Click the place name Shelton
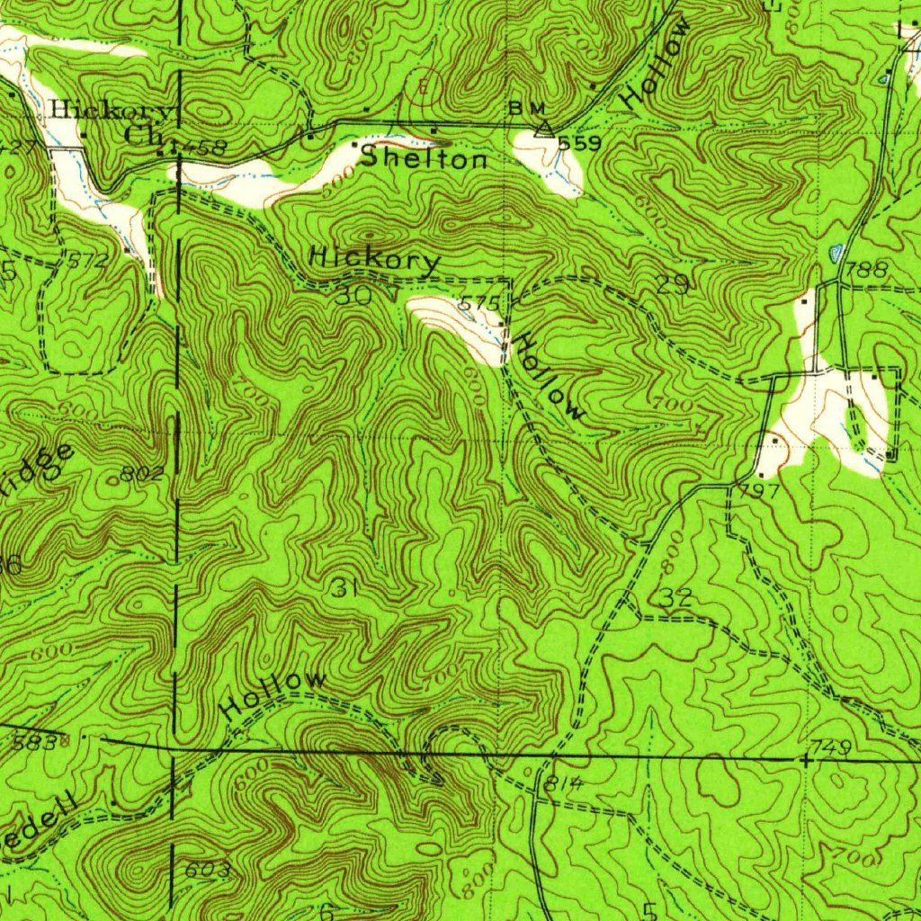coord(424,159)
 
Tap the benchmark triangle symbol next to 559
coord(543,130)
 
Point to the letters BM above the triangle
coord(526,108)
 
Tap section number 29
coord(673,285)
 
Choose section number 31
coord(344,589)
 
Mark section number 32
coord(675,597)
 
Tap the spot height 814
coord(564,784)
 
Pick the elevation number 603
coord(208,870)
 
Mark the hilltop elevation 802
coord(144,474)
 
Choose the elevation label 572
coord(86,262)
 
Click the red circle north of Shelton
coord(424,86)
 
